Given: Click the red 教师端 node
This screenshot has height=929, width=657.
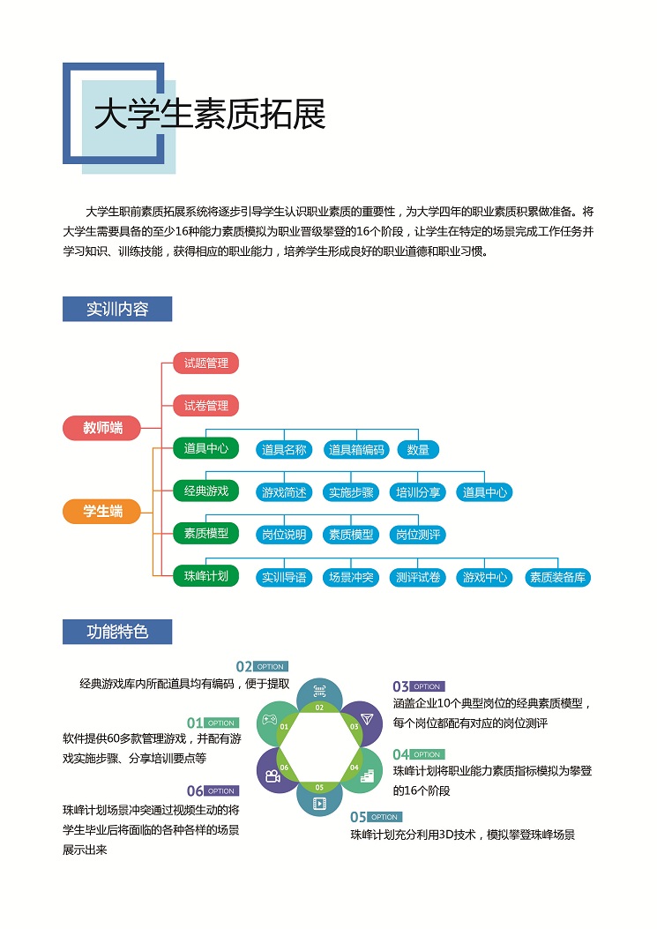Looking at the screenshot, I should (103, 428).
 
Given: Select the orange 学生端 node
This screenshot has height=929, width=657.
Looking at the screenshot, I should (103, 511).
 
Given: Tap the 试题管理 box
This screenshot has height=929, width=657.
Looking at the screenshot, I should (205, 363).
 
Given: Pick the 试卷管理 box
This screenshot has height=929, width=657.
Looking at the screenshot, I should (205, 406).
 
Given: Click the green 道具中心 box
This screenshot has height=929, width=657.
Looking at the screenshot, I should (205, 448).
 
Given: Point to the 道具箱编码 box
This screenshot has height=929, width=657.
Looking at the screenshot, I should (356, 450).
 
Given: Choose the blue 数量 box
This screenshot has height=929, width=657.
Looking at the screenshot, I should (418, 450).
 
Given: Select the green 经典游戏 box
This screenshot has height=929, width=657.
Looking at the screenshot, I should (205, 491).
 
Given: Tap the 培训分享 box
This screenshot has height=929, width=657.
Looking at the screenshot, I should (418, 492).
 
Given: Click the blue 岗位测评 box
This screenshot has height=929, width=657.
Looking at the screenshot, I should (418, 535).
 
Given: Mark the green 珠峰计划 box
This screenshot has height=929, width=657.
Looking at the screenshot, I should (205, 576).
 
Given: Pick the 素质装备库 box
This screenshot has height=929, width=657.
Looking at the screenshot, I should (557, 578).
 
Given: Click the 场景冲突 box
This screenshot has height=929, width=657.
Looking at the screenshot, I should (350, 578).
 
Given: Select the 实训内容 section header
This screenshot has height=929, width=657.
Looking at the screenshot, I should (117, 310).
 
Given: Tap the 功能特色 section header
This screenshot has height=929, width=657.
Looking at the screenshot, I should (117, 632).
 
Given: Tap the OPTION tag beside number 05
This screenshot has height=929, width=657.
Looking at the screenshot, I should (384, 817).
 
